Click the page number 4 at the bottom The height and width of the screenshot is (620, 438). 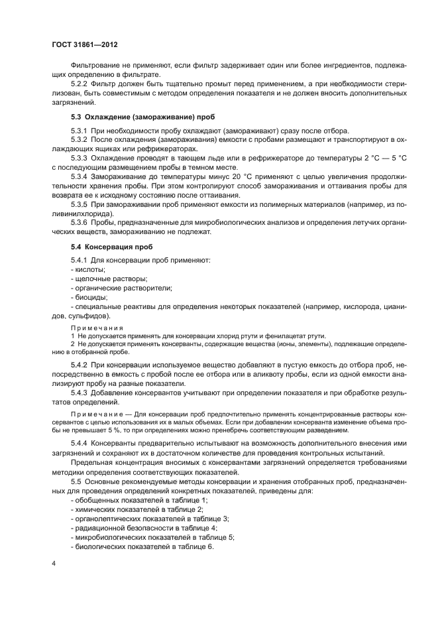coord(53,562)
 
